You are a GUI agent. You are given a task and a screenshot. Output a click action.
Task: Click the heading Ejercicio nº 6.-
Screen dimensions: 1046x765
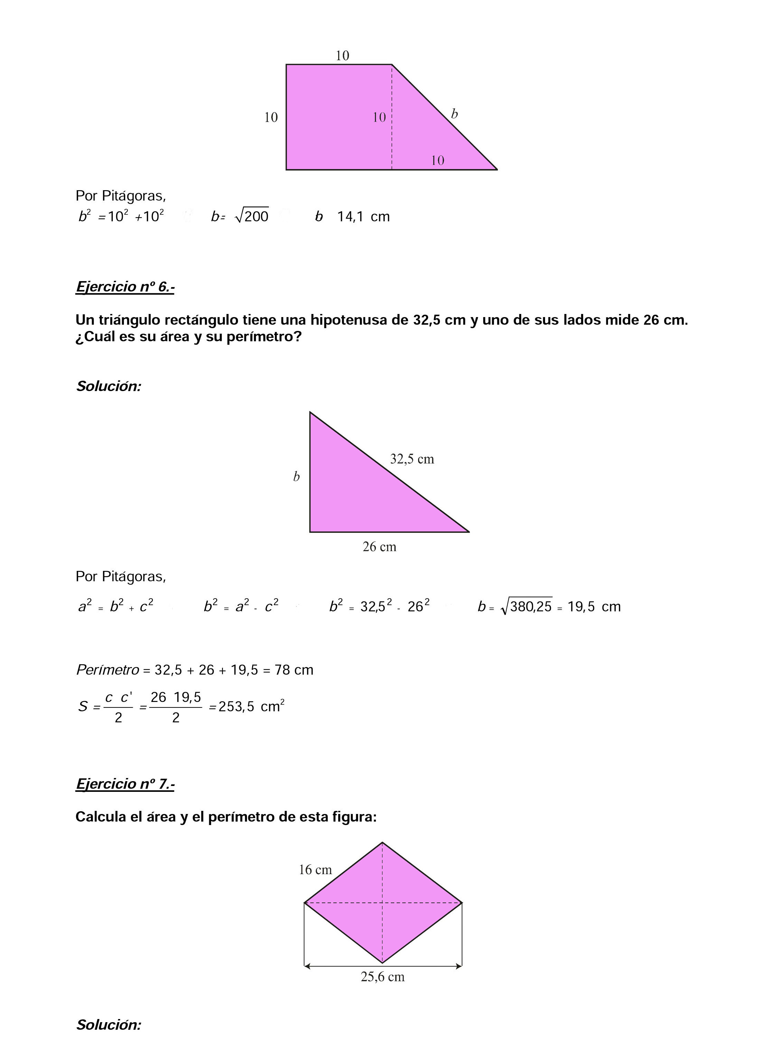(x=125, y=287)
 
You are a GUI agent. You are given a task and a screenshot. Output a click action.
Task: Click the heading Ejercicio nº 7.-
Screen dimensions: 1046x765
(x=125, y=784)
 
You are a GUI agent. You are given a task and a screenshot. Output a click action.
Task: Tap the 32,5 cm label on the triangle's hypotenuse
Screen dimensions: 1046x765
(x=412, y=459)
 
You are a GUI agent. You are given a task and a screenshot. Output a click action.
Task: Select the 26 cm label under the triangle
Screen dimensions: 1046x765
(x=379, y=547)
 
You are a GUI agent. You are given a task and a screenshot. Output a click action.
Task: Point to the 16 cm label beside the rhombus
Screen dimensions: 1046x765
(x=315, y=870)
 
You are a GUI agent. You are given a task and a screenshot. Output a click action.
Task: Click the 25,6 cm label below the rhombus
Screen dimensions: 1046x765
(x=383, y=977)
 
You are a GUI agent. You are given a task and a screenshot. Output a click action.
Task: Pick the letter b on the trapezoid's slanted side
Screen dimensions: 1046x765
(x=454, y=114)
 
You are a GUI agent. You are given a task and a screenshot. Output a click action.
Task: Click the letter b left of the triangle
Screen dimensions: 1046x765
(x=296, y=476)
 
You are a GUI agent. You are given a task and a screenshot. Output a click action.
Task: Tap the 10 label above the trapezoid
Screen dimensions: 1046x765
(x=342, y=56)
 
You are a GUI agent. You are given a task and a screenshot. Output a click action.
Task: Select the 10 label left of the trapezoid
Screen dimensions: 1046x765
(x=271, y=118)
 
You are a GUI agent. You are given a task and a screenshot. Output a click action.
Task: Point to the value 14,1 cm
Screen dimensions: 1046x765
(x=363, y=217)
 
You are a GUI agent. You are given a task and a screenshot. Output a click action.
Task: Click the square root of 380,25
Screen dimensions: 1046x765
(x=527, y=606)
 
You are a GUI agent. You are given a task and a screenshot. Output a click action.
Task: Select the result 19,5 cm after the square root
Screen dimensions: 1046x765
(x=594, y=607)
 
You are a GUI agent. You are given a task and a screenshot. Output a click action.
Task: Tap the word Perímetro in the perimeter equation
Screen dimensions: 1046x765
(x=108, y=670)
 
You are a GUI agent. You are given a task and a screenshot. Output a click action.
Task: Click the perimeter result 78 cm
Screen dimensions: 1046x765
(x=294, y=670)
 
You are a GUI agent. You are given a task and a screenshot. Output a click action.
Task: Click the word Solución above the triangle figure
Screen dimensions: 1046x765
(x=108, y=386)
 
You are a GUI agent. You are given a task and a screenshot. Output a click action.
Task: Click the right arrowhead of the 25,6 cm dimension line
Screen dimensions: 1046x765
(x=459, y=966)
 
